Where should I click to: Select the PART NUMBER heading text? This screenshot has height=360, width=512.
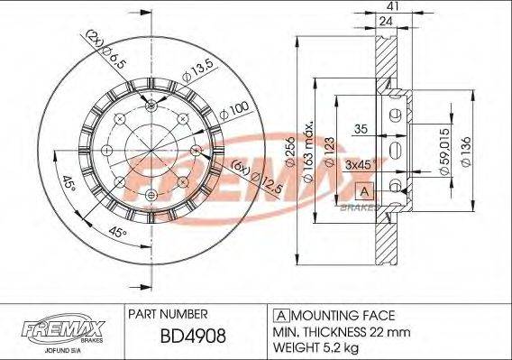pos(169,315)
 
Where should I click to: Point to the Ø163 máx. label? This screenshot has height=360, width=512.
pos(309,144)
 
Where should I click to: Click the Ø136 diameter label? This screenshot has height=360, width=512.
pos(466,149)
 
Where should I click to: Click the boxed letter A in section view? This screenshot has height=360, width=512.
pos(363,191)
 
